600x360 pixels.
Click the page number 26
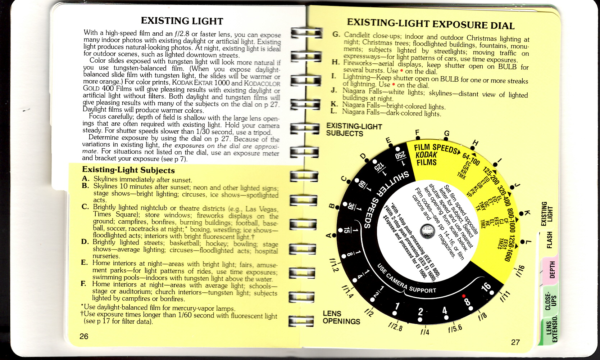(84, 336)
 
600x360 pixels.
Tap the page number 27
(515, 342)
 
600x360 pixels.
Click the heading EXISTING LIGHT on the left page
(182, 21)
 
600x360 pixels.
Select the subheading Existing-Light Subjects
(128, 170)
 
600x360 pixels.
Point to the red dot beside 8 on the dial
(463, 296)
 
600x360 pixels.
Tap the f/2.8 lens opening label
(395, 326)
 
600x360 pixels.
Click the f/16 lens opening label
(520, 271)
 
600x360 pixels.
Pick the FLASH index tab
(549, 240)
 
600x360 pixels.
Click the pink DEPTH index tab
(551, 269)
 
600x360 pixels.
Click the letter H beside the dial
(475, 143)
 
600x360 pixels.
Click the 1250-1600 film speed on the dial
(512, 248)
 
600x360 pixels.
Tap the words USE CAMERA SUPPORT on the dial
(406, 280)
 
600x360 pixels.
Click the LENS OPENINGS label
(341, 318)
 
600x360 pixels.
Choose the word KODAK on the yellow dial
(426, 155)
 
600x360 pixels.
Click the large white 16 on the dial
(486, 287)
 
